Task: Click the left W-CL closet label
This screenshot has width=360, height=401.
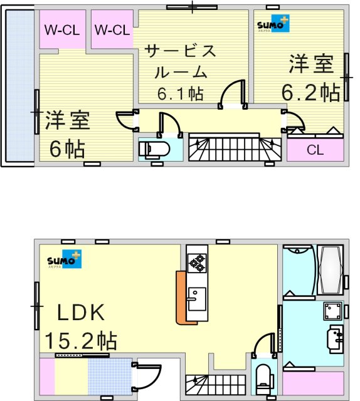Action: [60, 29]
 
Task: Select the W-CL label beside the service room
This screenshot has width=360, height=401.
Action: [112, 29]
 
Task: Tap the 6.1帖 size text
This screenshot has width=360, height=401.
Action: [180, 94]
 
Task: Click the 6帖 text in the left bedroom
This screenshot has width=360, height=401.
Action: [67, 149]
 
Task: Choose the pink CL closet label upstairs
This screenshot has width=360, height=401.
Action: [315, 150]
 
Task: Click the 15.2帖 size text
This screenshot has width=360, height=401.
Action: [80, 341]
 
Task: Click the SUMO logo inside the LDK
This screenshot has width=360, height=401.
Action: [63, 261]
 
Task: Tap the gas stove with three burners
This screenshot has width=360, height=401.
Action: [196, 263]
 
